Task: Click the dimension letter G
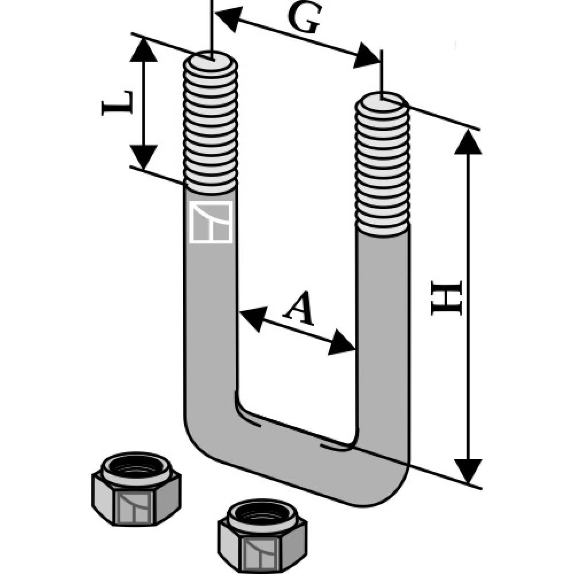(303, 21)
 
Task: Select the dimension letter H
(447, 298)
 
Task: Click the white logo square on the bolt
(211, 222)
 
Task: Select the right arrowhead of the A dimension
(343, 344)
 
